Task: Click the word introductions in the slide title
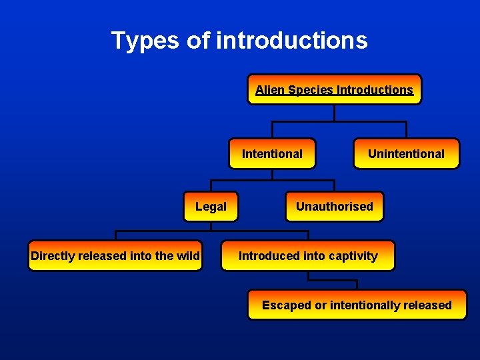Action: [291, 41]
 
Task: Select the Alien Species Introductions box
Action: [334, 89]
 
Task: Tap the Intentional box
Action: [272, 154]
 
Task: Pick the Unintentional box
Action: [406, 154]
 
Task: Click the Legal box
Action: [211, 207]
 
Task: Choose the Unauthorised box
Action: [335, 207]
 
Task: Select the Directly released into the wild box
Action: [115, 256]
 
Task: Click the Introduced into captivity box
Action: [308, 256]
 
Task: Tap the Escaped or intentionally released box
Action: [357, 305]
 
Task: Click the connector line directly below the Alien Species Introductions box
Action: [334, 113]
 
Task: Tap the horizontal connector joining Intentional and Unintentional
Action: [339, 121]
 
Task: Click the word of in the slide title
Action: [198, 41]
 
